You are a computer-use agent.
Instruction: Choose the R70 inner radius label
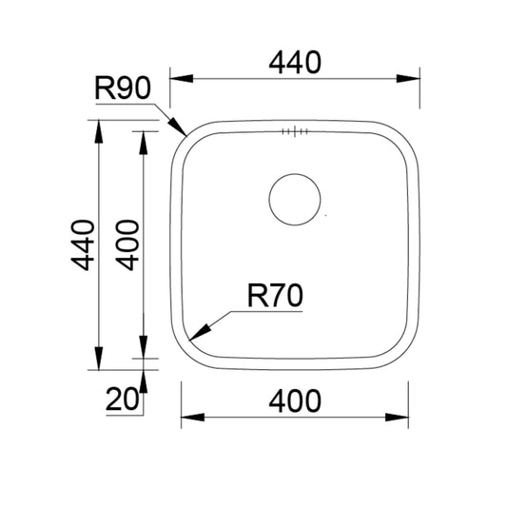[x=274, y=297]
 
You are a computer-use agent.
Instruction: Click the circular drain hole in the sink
[x=295, y=199]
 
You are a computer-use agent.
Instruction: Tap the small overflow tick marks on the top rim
[x=295, y=133]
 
